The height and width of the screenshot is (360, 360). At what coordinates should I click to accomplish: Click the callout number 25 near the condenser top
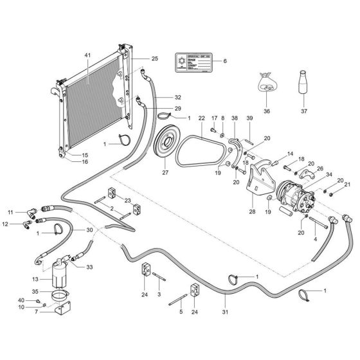point(154,59)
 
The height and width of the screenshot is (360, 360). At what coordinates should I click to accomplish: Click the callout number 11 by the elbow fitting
point(10,212)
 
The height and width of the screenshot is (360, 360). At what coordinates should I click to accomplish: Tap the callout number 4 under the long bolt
point(316,239)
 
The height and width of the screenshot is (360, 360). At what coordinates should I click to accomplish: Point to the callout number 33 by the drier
point(89,267)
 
